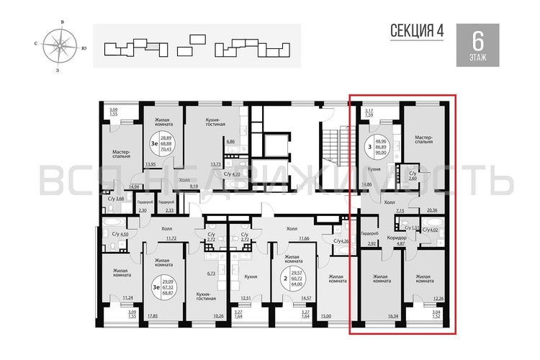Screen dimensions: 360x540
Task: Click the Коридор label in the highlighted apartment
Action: tap(397, 238)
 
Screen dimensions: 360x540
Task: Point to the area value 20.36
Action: tap(432, 210)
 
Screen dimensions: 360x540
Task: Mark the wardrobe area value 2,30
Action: tap(143, 210)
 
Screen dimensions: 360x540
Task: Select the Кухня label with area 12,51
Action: tap(251, 276)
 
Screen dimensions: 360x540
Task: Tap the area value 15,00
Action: tap(325, 315)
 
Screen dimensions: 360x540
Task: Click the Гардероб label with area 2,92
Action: tap(370, 234)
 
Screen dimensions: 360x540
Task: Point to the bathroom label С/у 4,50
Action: tap(120, 234)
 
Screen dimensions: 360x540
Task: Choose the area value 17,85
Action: tap(153, 315)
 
